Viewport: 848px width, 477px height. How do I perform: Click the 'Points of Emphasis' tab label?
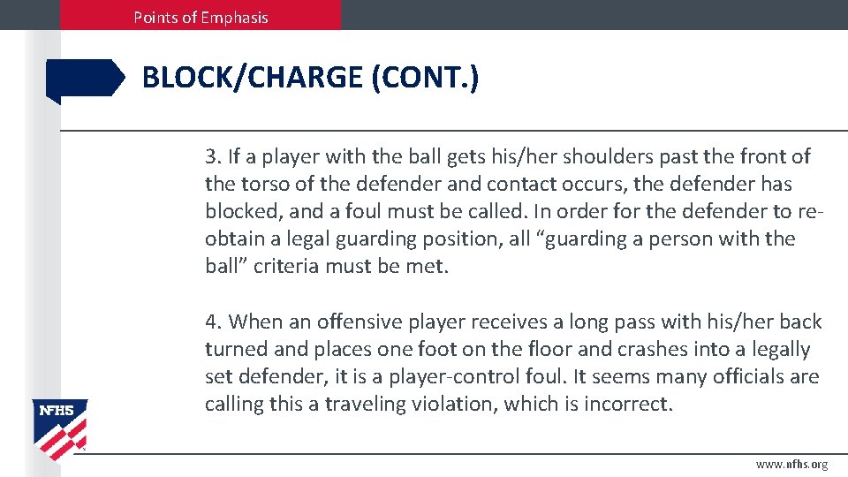201,17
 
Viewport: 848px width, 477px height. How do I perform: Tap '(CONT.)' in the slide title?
425,78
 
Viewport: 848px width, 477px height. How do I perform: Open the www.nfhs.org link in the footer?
791,465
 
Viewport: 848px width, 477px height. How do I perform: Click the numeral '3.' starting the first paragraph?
213,157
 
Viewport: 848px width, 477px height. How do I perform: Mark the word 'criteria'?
291,267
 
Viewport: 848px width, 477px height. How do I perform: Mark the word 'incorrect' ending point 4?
629,405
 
